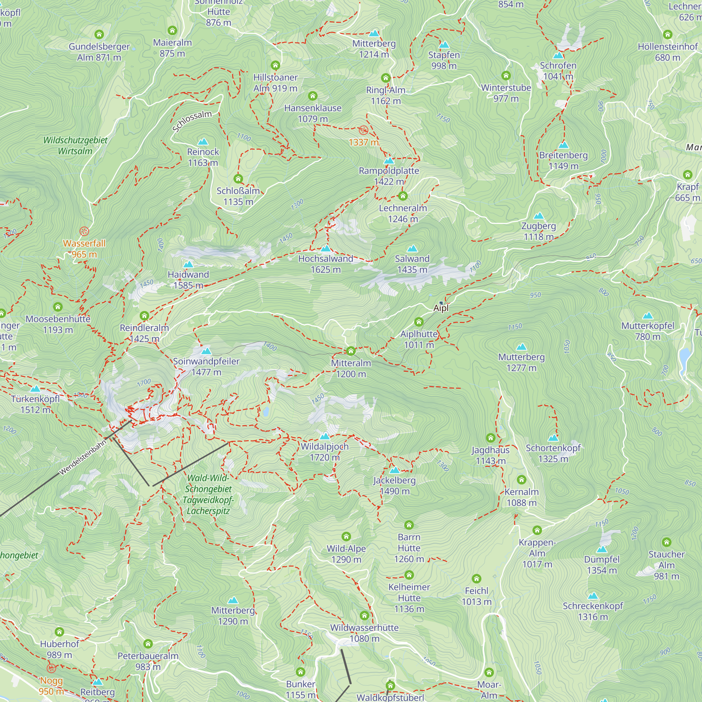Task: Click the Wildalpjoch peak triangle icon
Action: point(324,436)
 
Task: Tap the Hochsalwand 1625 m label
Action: point(326,264)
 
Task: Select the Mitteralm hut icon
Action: point(351,351)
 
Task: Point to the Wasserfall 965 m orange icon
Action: point(84,231)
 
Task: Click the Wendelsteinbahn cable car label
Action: point(83,457)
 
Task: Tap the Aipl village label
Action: point(441,308)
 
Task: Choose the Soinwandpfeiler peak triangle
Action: point(206,351)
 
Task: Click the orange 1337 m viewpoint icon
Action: point(363,131)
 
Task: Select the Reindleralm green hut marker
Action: point(144,316)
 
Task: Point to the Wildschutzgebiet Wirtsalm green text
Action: point(75,145)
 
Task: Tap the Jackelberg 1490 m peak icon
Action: point(394,470)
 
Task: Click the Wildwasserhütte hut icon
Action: point(364,616)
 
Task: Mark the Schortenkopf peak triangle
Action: point(553,437)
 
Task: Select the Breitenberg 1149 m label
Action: point(563,161)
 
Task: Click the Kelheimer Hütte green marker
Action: point(409,575)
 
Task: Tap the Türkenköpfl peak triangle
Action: point(35,389)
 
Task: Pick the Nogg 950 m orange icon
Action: point(51,668)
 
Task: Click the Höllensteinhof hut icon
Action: point(668,34)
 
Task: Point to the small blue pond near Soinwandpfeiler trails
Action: point(266,412)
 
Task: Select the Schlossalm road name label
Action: point(192,121)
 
